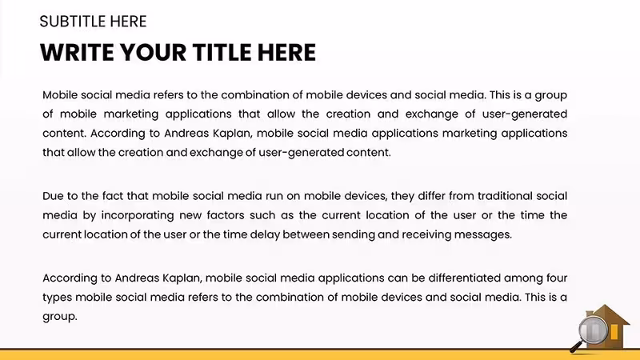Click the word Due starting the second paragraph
point(53,196)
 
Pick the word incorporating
point(138,215)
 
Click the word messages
point(483,234)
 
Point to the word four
point(556,278)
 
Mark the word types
point(57,298)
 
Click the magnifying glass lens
point(593,330)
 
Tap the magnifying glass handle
point(576,347)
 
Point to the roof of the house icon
point(609,314)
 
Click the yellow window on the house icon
point(614,332)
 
